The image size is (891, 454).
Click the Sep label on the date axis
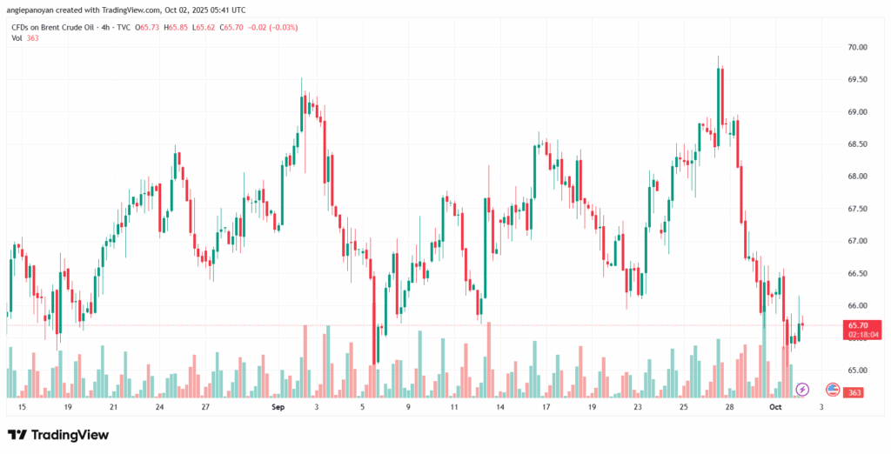pyautogui.click(x=278, y=406)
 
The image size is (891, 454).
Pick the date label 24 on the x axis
pyautogui.click(x=159, y=406)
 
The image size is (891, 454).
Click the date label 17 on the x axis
pyautogui.click(x=546, y=406)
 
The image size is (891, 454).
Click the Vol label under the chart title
pyautogui.click(x=17, y=39)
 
